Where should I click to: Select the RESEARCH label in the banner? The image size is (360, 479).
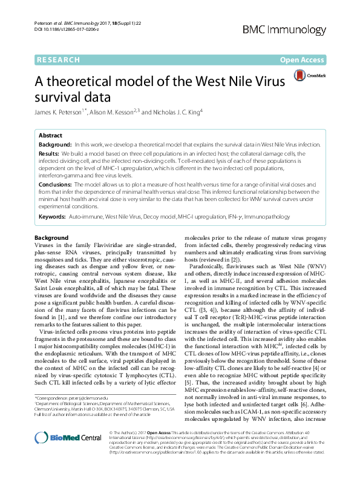click(58, 60)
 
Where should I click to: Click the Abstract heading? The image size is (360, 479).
click(51, 137)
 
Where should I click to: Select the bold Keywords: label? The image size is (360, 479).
click(52, 216)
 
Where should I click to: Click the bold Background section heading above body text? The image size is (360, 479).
click(51, 238)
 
